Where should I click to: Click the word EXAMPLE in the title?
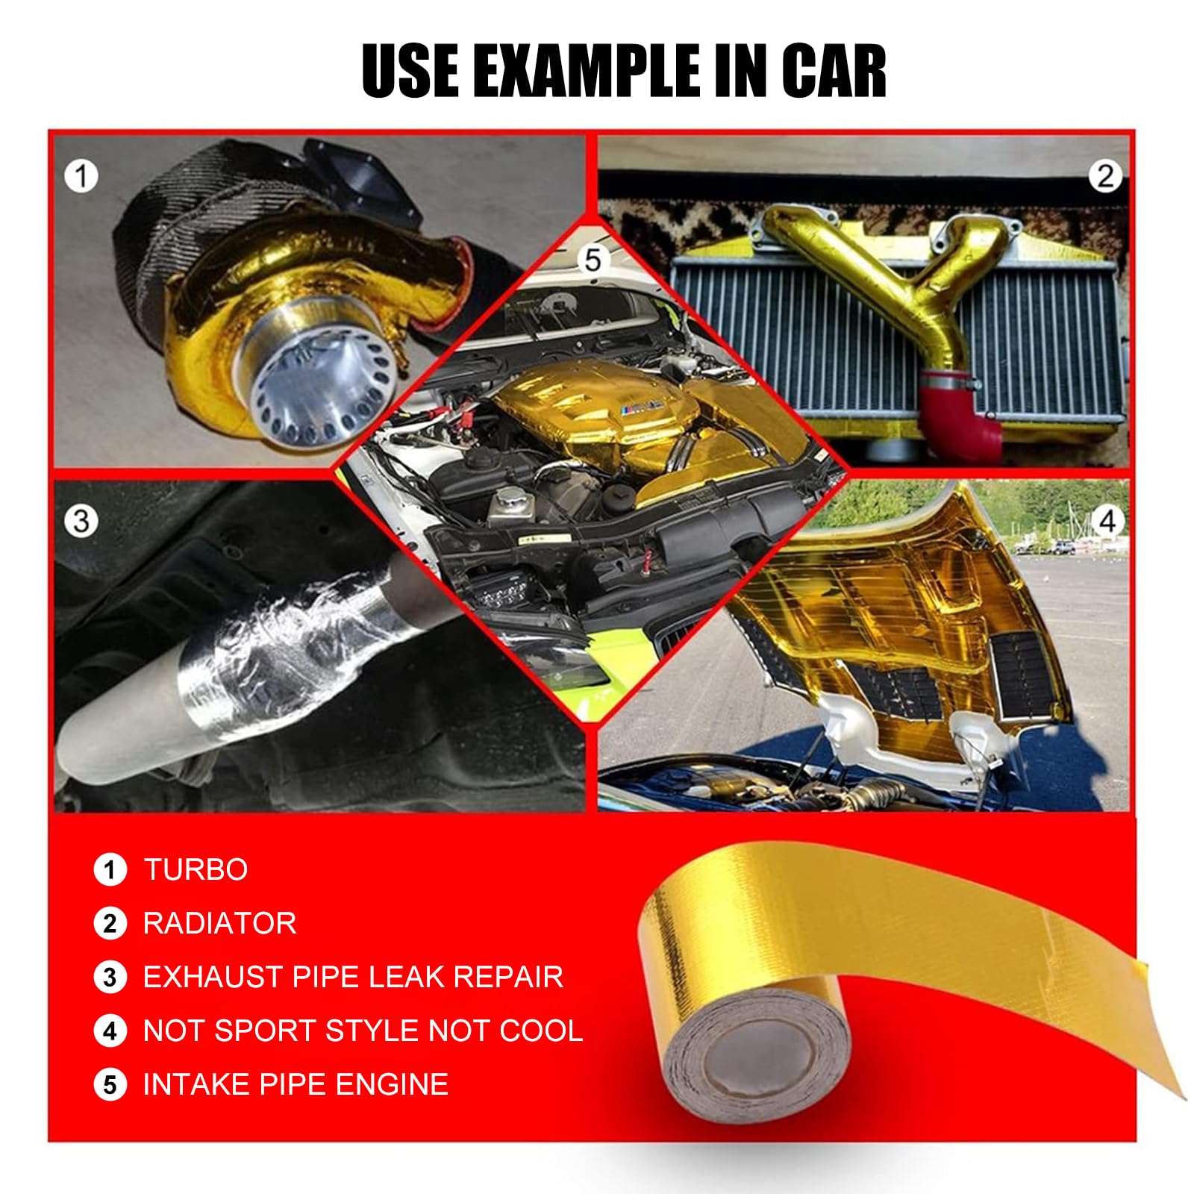[x=585, y=70]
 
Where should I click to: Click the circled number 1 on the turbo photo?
[x=81, y=177]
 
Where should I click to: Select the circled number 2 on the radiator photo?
[x=1104, y=176]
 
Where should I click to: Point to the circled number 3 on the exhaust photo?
[x=81, y=520]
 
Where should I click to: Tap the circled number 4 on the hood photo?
[x=1107, y=520]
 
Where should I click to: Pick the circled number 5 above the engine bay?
[x=593, y=260]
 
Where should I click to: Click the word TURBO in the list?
[x=196, y=870]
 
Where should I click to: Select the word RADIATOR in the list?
[x=219, y=924]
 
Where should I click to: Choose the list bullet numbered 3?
[x=110, y=978]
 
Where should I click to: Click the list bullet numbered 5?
[x=110, y=1085]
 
